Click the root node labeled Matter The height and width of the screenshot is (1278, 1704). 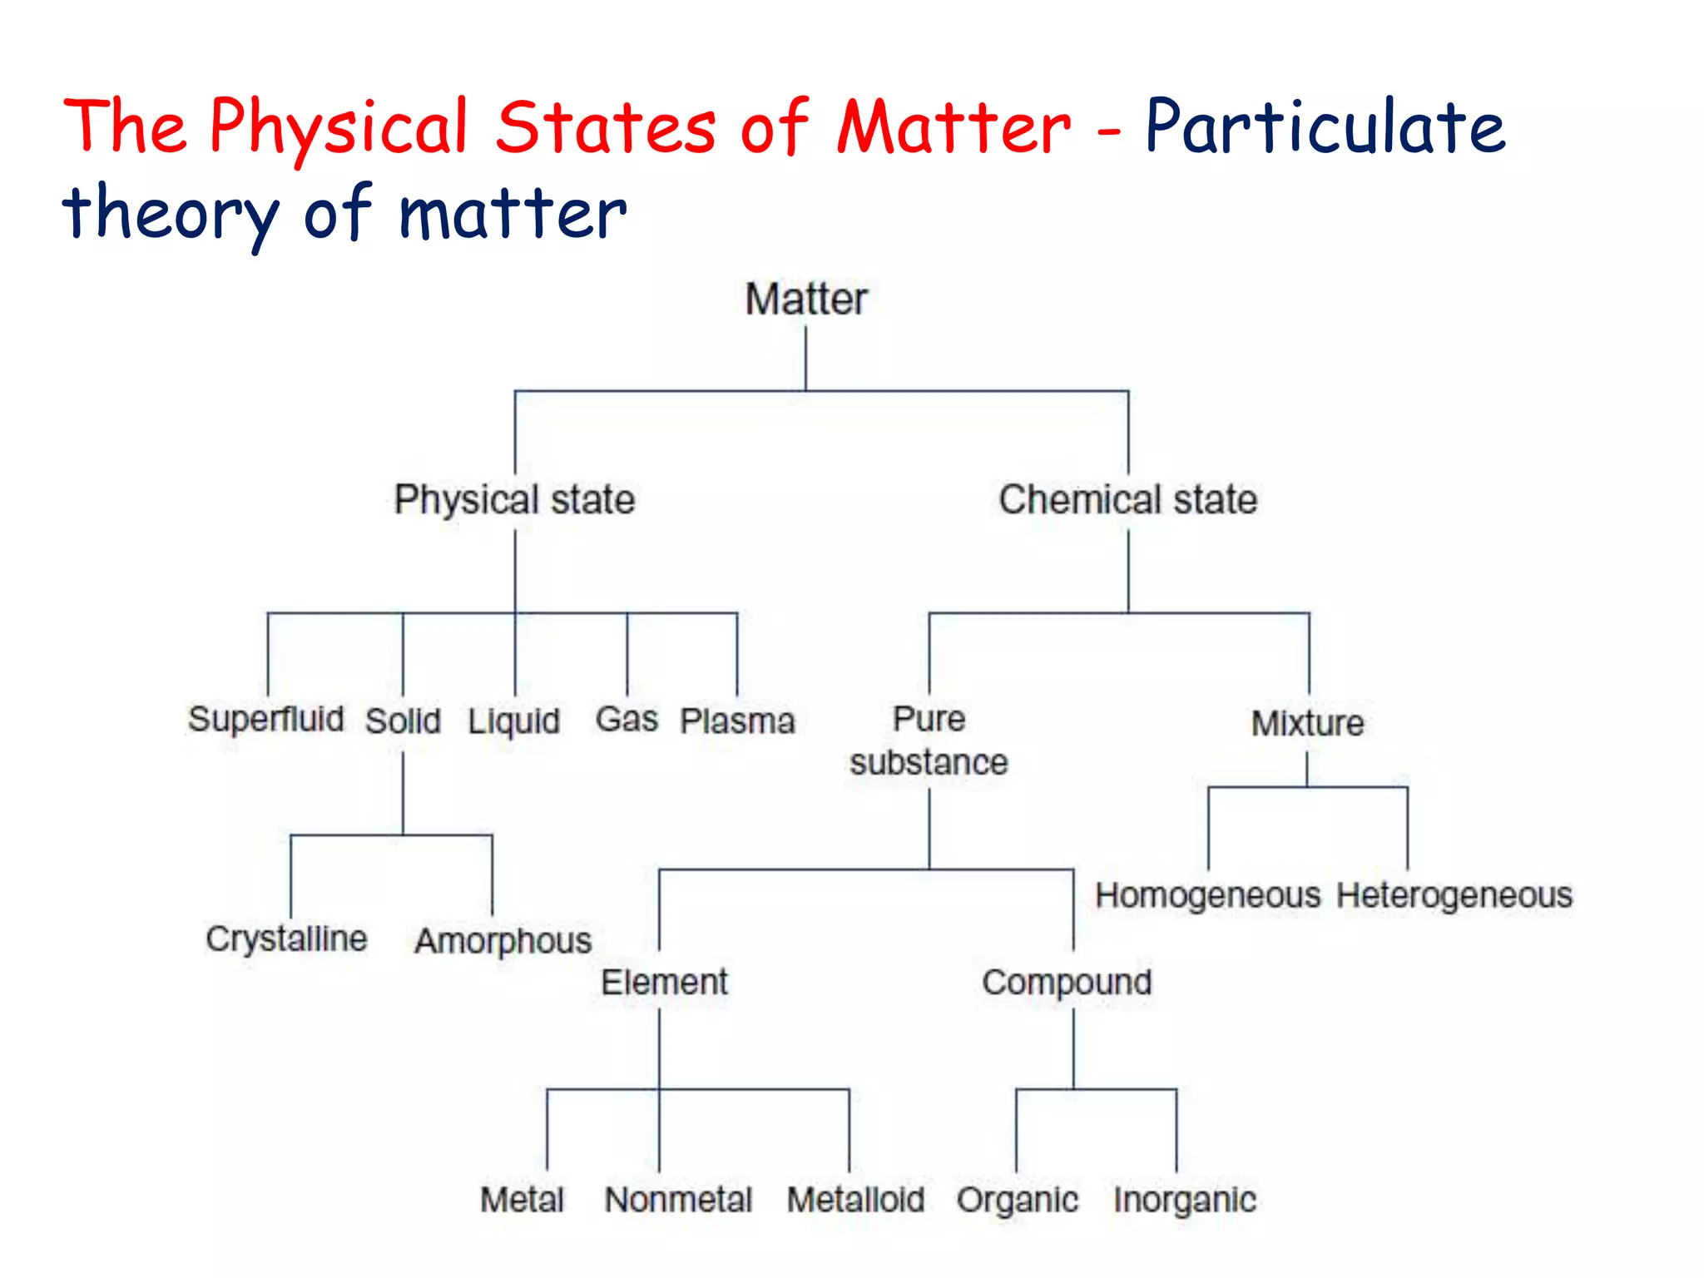click(805, 300)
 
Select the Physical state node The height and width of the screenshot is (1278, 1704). click(514, 500)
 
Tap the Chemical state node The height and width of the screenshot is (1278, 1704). click(1127, 500)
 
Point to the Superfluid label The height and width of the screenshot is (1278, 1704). click(265, 719)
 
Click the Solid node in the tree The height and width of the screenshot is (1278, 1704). click(403, 721)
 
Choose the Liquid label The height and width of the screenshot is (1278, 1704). click(513, 721)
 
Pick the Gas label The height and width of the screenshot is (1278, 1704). click(627, 719)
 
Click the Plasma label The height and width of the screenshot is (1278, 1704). click(737, 721)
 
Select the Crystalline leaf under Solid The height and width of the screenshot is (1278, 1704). click(286, 939)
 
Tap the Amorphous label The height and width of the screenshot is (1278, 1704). click(503, 941)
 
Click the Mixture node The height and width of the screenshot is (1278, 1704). click(1307, 723)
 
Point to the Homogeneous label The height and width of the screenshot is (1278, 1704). click(1207, 896)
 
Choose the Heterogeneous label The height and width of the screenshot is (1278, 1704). click(1454, 896)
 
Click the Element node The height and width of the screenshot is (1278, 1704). click(664, 983)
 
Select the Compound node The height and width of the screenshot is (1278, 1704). click(1067, 983)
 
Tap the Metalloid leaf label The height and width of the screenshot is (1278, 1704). click(855, 1200)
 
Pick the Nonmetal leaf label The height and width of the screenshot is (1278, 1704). click(678, 1200)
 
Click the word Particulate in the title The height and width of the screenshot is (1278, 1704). click(1325, 127)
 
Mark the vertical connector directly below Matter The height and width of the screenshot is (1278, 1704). click(805, 358)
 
